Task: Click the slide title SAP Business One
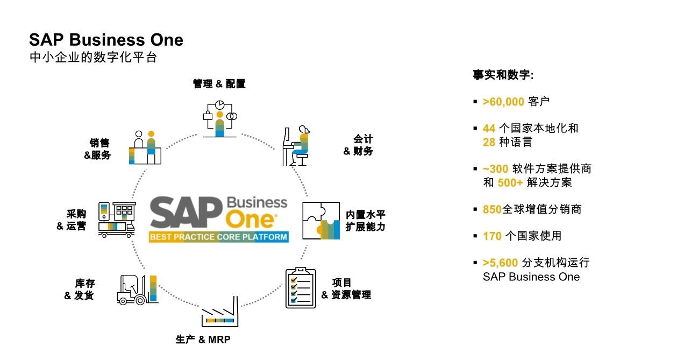click(x=106, y=40)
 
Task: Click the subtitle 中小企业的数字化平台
click(x=92, y=57)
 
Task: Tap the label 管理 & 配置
click(x=219, y=84)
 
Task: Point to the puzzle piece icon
click(x=320, y=220)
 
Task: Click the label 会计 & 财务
click(x=359, y=145)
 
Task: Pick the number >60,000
click(x=503, y=102)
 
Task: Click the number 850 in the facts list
click(x=492, y=209)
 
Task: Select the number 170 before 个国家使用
click(x=492, y=236)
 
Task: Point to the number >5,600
click(x=500, y=263)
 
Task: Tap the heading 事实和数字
click(x=503, y=75)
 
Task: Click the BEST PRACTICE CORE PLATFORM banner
click(x=218, y=237)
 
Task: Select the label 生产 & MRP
click(x=203, y=340)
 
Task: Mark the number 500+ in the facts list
click(x=510, y=182)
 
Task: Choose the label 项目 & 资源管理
click(x=346, y=288)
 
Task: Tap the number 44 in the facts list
click(x=489, y=129)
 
